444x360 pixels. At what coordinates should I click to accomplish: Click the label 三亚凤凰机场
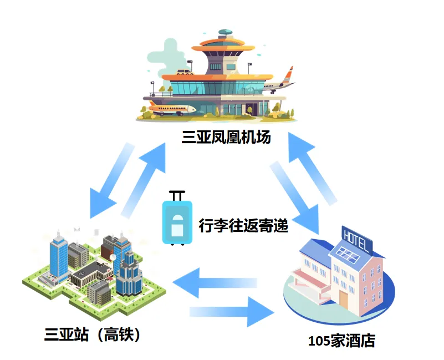click(x=226, y=137)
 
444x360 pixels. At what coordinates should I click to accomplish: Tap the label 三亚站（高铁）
click(x=92, y=334)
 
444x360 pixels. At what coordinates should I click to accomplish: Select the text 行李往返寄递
click(x=243, y=226)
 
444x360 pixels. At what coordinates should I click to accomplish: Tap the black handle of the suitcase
click(x=177, y=195)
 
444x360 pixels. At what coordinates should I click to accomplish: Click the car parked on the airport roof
click(x=183, y=72)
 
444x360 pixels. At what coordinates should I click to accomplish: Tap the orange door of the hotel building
click(x=344, y=300)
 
